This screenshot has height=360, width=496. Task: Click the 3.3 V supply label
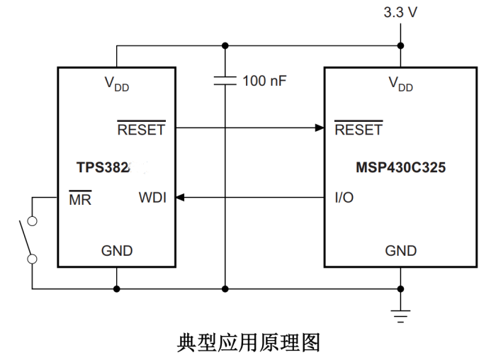(x=401, y=12)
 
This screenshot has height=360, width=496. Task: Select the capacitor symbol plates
(x=225, y=81)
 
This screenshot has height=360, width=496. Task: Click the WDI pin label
(x=152, y=198)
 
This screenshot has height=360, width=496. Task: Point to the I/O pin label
(x=344, y=198)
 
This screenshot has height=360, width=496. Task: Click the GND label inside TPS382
(x=117, y=250)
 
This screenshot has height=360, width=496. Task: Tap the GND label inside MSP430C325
(x=401, y=250)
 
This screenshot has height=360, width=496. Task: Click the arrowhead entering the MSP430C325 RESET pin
(x=319, y=128)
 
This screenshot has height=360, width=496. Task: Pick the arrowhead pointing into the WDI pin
(x=180, y=198)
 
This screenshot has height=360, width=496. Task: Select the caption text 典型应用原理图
(x=248, y=342)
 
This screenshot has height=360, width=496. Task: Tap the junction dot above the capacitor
(x=225, y=46)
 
